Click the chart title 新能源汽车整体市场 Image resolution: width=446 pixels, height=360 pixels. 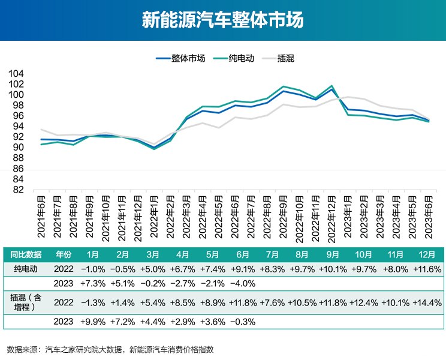coord(223,20)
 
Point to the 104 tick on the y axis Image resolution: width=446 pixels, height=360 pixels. coord(16,73)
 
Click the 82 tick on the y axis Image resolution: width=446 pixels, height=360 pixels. coord(19,190)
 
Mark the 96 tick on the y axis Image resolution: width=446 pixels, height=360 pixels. coord(19,116)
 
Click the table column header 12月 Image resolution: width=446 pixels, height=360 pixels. coord(427,253)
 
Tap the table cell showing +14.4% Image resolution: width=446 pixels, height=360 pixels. coord(427,304)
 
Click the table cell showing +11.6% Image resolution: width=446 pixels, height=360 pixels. coord(427,268)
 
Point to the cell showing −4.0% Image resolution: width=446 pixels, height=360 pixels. coord(243,283)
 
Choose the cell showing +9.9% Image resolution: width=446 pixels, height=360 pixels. coord(92,322)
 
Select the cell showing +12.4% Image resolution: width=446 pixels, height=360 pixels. coord(364,304)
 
